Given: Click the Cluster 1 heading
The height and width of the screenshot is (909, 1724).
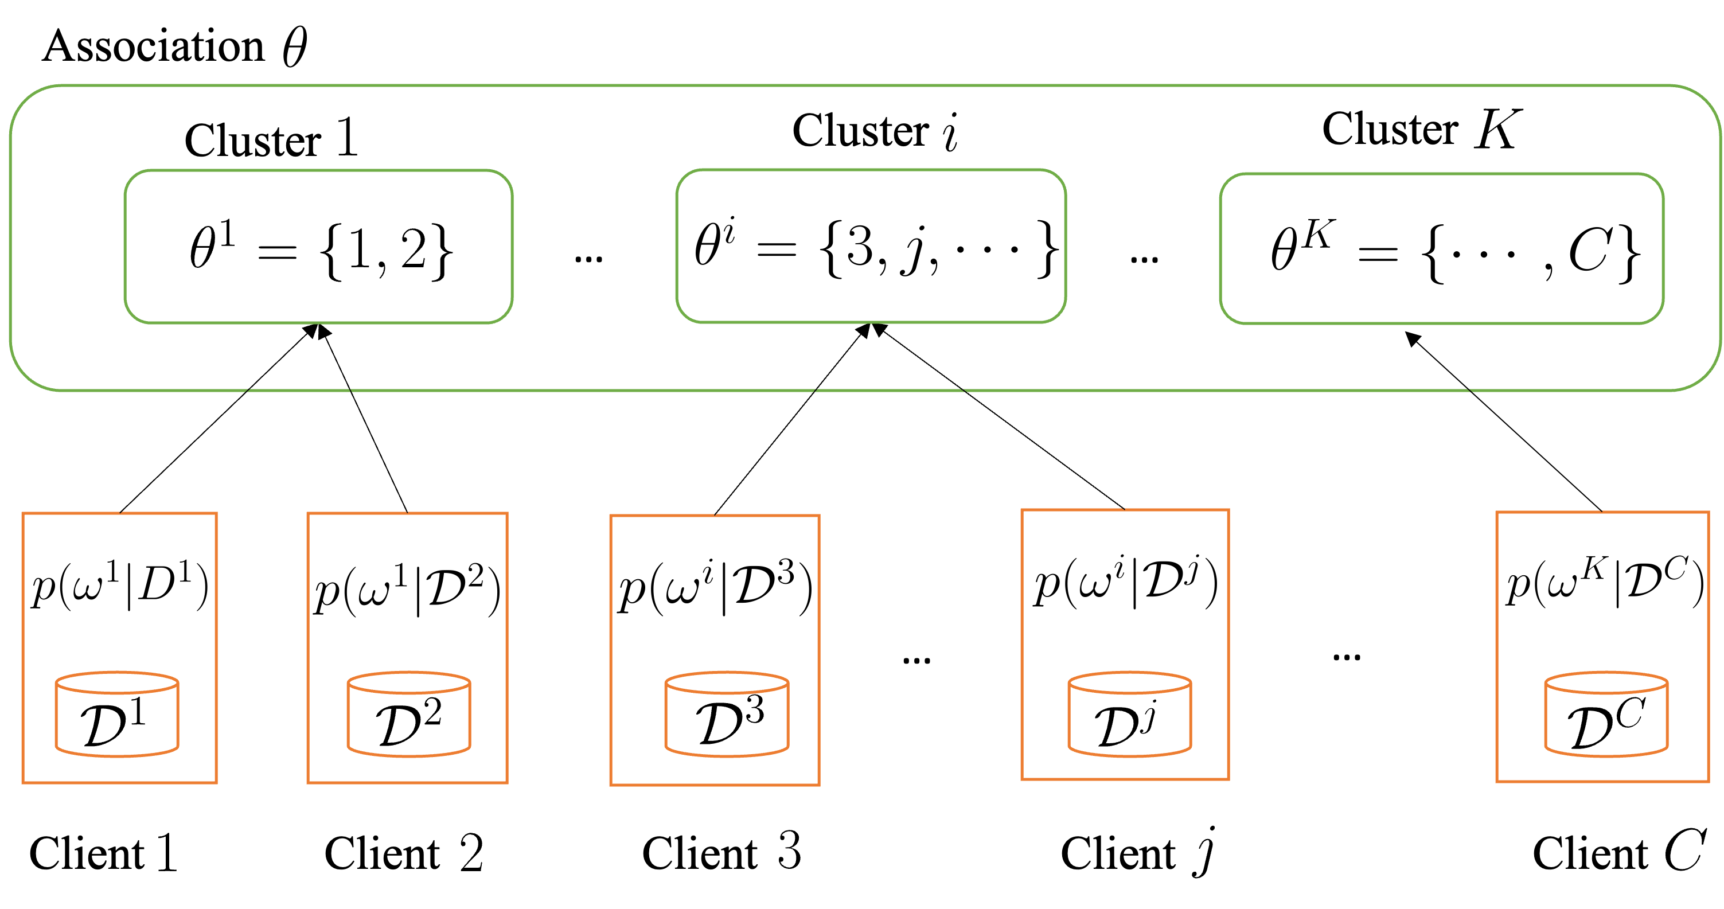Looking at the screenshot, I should tap(271, 139).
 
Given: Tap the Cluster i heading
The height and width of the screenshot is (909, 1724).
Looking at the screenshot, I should tap(875, 131).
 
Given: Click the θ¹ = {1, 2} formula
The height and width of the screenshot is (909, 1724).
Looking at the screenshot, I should tap(321, 249).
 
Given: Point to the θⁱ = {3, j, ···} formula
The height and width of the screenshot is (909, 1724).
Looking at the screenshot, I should tap(875, 248).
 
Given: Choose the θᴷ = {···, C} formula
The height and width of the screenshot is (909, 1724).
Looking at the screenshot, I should tap(1454, 251).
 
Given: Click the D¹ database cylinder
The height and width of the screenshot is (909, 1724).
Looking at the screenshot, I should tap(116, 715).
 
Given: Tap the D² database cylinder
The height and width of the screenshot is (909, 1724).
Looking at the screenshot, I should tap(408, 715).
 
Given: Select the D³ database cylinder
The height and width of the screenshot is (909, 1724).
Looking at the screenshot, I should tap(727, 715).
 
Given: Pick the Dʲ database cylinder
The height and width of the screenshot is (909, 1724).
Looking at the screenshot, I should tap(1130, 715).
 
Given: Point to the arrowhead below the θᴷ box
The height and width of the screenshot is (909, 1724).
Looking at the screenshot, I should tap(1412, 339).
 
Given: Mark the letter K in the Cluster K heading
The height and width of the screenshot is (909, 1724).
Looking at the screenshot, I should tap(1498, 128).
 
